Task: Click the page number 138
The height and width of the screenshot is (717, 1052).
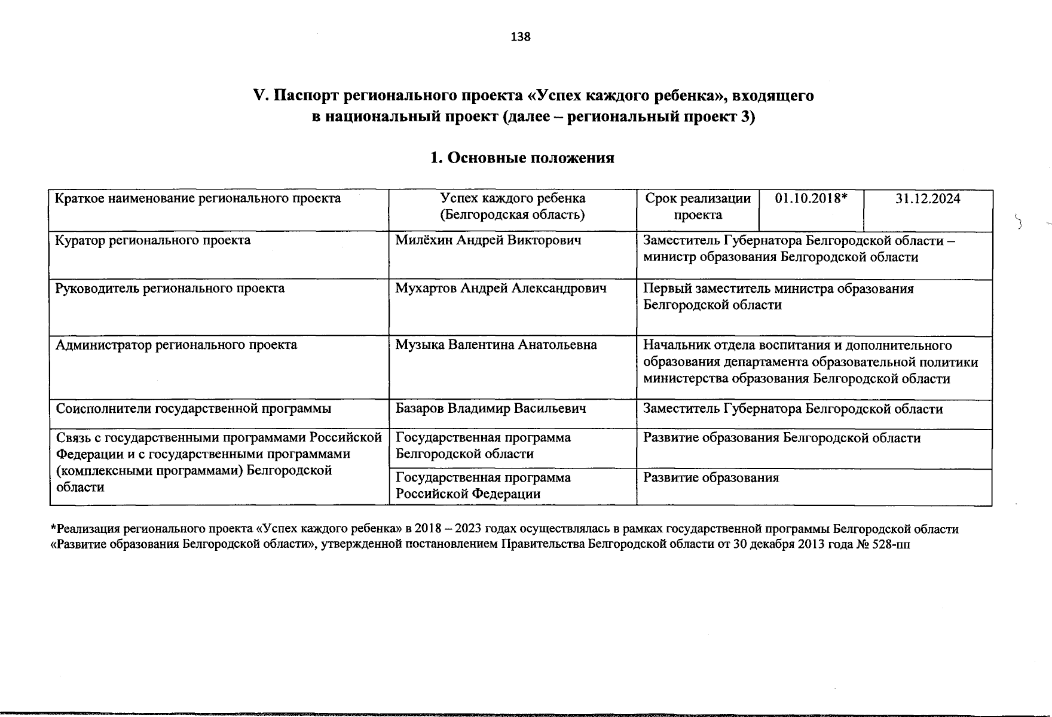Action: click(x=521, y=37)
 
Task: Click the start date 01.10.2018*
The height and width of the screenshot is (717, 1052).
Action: click(x=811, y=199)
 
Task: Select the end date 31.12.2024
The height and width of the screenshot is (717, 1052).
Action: click(x=928, y=199)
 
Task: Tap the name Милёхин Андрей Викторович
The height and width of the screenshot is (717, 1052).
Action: click(x=488, y=241)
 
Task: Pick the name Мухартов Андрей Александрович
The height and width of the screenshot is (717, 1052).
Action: click(x=501, y=289)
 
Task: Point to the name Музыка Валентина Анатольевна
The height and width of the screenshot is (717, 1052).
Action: click(x=496, y=345)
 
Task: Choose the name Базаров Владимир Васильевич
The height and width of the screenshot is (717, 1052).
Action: click(x=491, y=409)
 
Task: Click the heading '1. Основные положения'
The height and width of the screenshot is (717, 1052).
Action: click(x=522, y=158)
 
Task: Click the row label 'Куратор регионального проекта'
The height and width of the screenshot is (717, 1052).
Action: click(x=153, y=241)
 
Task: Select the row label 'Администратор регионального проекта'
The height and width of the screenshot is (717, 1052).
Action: click(x=176, y=345)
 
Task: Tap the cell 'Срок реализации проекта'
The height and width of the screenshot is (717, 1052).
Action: click(x=698, y=207)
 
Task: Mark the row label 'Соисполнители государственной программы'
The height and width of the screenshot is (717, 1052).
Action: click(x=194, y=409)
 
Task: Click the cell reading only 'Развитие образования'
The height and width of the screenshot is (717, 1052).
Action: click(x=711, y=478)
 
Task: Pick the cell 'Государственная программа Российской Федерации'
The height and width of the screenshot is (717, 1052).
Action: click(x=483, y=486)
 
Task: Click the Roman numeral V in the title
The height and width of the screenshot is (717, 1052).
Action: click(x=259, y=96)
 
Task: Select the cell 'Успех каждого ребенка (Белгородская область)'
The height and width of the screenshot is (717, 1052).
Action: click(x=512, y=207)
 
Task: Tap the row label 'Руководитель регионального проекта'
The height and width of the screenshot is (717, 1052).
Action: click(x=170, y=289)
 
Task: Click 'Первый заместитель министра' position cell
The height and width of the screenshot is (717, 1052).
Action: click(x=778, y=297)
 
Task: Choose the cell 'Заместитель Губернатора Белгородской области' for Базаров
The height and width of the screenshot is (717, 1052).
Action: click(x=793, y=409)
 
